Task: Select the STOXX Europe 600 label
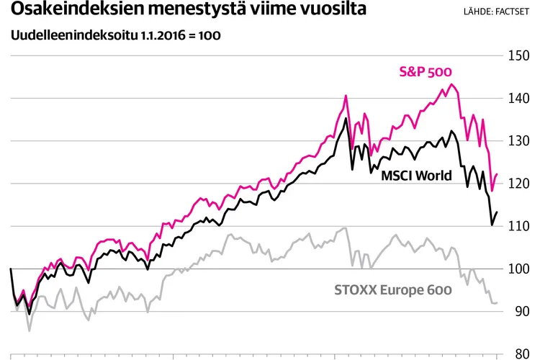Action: [x=393, y=290]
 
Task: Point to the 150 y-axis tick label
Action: [x=520, y=55]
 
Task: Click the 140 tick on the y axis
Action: [x=520, y=99]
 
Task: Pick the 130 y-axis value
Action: [x=520, y=141]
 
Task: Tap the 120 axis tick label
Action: [x=520, y=184]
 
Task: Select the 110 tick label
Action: [x=520, y=226]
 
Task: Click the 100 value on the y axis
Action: [x=520, y=269]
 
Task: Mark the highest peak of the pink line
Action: [x=451, y=84]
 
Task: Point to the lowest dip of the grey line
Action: [x=30, y=330]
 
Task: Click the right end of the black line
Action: [x=498, y=212]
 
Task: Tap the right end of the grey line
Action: [x=498, y=302]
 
